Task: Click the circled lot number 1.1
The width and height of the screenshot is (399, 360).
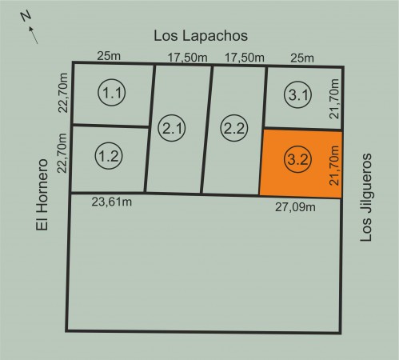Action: point(111,93)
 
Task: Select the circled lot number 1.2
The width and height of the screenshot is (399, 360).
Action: point(109,156)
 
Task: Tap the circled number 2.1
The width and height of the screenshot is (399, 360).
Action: point(172,128)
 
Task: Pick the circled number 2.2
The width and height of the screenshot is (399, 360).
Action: point(234,128)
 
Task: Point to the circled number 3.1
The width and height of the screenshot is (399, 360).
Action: point(297,94)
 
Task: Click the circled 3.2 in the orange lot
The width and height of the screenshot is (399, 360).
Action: point(297,159)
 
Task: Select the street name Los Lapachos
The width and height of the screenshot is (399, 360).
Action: point(201,35)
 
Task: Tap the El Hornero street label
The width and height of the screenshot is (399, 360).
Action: point(42,194)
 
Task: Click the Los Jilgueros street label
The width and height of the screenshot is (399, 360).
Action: point(365,198)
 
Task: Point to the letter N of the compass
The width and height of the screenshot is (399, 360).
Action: point(26,16)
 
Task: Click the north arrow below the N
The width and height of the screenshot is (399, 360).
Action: point(34,35)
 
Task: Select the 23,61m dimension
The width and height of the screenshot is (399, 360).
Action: point(112,202)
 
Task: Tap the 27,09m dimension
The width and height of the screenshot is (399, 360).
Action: point(295,207)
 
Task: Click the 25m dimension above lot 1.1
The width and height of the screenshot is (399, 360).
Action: point(109,56)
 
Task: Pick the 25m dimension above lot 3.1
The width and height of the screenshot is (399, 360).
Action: point(302,58)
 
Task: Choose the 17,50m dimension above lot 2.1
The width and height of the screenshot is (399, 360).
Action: point(187,58)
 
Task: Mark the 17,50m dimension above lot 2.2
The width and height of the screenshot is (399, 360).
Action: point(245,58)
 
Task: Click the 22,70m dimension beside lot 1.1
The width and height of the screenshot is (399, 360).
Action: point(64,93)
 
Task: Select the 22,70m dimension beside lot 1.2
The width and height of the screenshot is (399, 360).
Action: point(62,153)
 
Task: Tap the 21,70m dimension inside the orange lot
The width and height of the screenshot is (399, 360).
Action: point(334,166)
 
